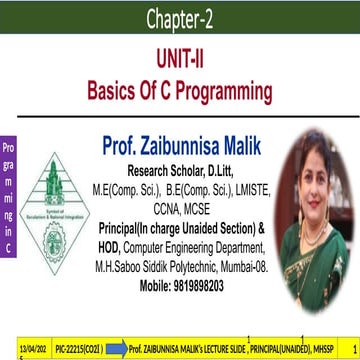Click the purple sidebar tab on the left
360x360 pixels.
tap(9, 200)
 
